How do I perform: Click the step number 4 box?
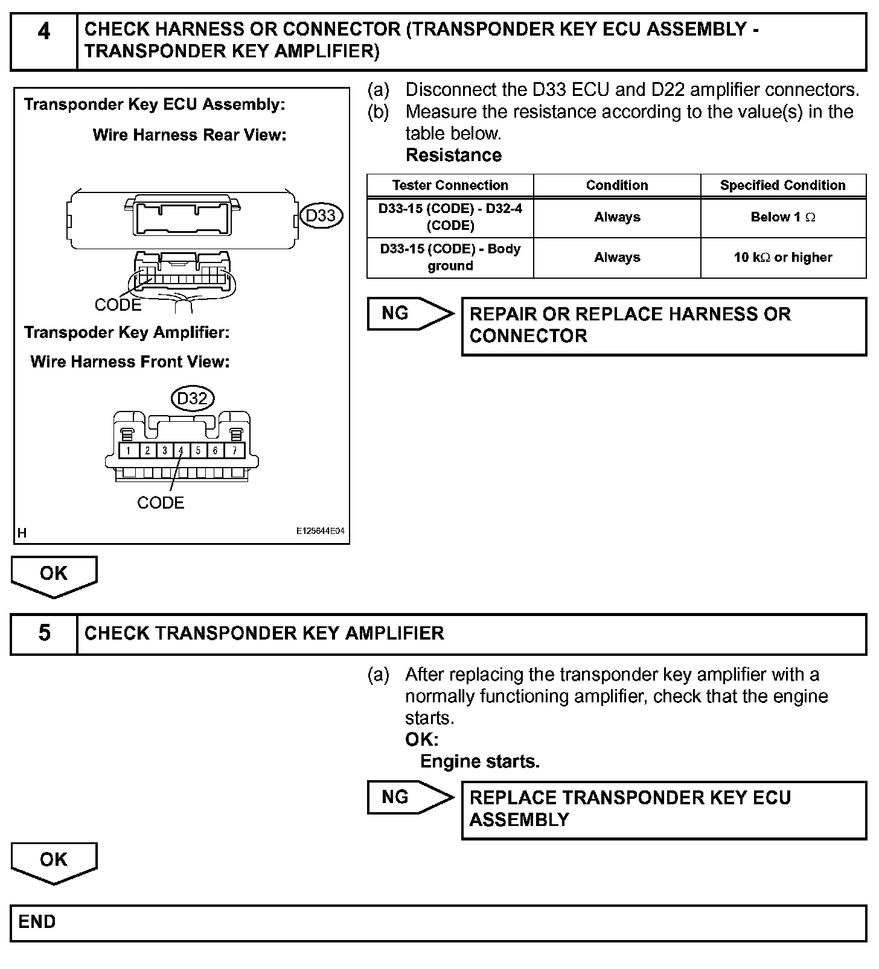point(44,41)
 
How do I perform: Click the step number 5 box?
point(44,633)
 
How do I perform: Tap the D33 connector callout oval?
point(321,216)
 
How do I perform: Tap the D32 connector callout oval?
point(193,399)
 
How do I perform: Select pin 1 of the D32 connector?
point(129,451)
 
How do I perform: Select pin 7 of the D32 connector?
point(235,451)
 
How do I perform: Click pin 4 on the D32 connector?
point(181,451)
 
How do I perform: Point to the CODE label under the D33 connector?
point(118,305)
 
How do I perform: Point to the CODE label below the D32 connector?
point(160,503)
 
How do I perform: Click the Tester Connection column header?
point(450,185)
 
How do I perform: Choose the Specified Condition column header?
point(782,185)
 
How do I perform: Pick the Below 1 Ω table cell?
point(782,217)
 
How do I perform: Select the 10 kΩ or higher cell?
point(782,258)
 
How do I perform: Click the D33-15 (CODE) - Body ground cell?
point(450,258)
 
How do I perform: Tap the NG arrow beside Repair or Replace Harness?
point(409,313)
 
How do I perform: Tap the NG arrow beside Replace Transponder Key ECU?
point(409,797)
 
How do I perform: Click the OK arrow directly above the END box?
point(54,861)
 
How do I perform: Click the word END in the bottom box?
point(37,922)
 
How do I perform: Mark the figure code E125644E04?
point(320,532)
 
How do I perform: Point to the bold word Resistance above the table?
point(453,155)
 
